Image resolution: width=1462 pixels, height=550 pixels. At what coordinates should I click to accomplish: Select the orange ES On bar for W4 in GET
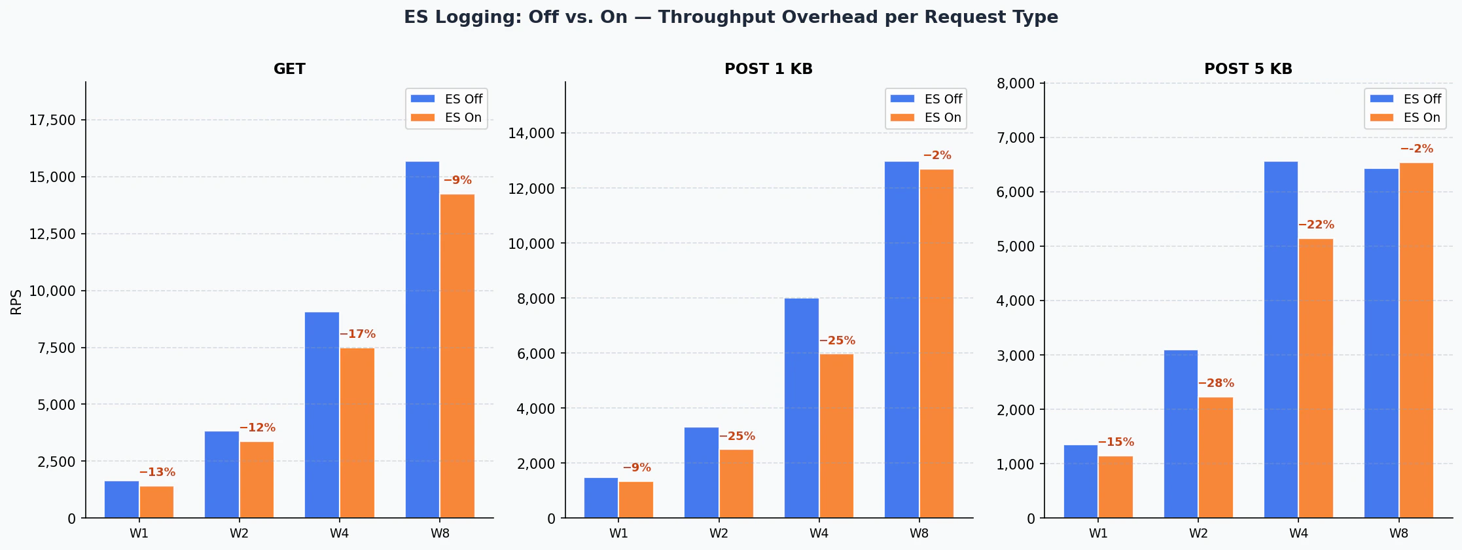coord(357,432)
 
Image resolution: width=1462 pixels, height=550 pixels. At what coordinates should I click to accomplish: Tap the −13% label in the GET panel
coord(157,472)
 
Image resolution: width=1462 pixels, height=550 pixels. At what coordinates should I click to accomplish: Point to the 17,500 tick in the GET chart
coord(52,120)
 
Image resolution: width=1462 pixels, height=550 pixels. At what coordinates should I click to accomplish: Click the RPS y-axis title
coord(16,302)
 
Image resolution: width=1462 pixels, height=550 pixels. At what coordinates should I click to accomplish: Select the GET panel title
coord(289,69)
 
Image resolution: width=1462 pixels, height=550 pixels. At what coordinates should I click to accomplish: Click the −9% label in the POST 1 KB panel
coord(636,467)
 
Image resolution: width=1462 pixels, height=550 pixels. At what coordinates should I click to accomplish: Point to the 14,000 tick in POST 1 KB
coord(531,134)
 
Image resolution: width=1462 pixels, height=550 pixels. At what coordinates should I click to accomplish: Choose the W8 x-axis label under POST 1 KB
coord(919,533)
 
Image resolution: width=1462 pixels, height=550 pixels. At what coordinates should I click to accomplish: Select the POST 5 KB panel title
coord(1248,69)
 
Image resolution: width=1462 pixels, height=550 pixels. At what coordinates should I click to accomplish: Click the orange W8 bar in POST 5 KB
coord(1416,340)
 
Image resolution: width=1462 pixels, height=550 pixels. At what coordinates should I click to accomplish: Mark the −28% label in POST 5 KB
coord(1216,383)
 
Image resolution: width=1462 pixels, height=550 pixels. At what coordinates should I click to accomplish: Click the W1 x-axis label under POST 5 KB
coord(1098,533)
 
